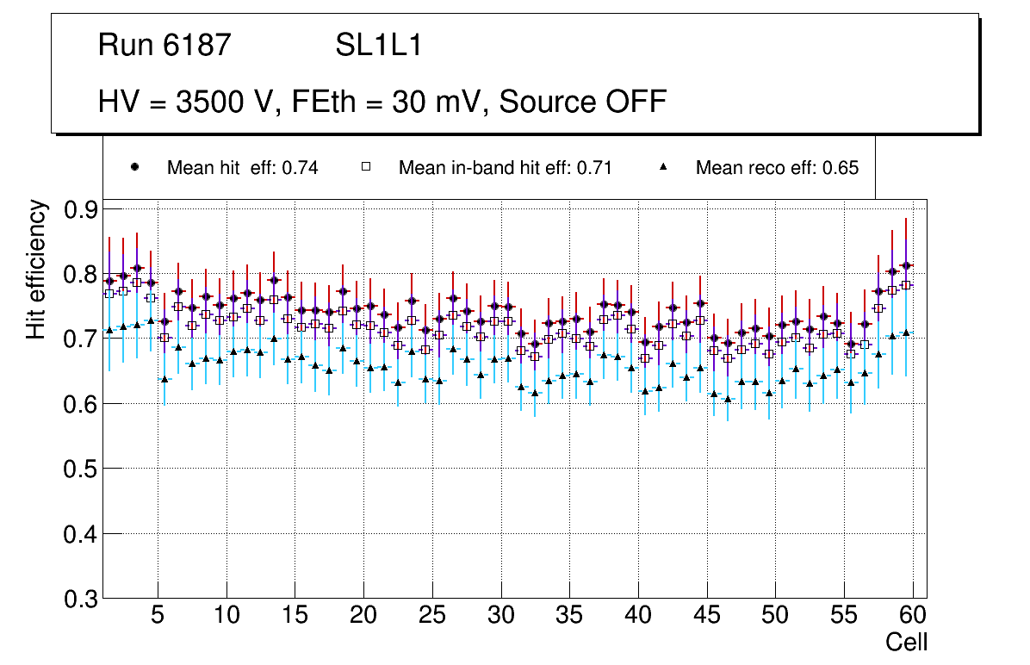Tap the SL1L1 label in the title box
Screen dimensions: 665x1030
point(379,46)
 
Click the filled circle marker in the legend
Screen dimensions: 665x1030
point(135,167)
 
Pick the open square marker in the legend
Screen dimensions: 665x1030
point(366,167)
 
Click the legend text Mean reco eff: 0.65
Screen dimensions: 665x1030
point(777,168)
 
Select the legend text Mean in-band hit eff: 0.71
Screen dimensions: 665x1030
point(505,168)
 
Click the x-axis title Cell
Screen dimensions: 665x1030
point(907,642)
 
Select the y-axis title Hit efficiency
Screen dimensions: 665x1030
point(37,269)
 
